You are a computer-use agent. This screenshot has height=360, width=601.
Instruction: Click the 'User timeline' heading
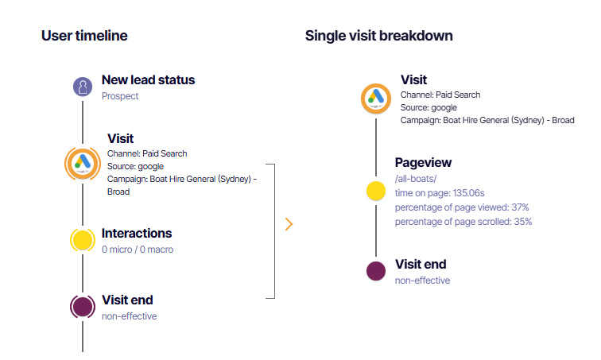click(84, 36)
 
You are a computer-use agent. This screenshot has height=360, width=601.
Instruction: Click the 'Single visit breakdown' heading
click(379, 36)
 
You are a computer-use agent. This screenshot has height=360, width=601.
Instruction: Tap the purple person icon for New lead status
click(83, 87)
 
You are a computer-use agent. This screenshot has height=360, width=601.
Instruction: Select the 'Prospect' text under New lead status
click(120, 96)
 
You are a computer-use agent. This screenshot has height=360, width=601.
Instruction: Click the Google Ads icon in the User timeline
click(83, 163)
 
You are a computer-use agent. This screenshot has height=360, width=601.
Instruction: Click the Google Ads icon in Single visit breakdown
click(377, 99)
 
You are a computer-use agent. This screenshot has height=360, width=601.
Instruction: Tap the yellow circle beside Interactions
click(83, 239)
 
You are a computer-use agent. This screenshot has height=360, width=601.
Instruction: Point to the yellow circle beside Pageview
click(376, 191)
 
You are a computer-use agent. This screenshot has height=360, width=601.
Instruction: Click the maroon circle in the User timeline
click(83, 306)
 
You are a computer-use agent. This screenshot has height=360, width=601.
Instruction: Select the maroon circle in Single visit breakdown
click(376, 270)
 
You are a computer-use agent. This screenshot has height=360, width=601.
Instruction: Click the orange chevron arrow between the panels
click(289, 224)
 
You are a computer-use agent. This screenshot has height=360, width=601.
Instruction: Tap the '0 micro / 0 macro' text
click(138, 250)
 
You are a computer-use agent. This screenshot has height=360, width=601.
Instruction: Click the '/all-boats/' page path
click(416, 179)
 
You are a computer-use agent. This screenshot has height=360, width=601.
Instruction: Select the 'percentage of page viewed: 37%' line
click(462, 207)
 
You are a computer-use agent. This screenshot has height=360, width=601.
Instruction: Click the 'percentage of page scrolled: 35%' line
click(463, 222)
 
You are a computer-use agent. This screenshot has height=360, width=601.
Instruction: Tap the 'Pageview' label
click(423, 163)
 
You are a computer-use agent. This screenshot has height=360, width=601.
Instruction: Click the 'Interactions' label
click(137, 234)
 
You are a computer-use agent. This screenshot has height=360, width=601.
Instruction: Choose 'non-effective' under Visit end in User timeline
click(130, 316)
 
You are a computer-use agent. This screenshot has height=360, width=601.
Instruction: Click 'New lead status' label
click(148, 80)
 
